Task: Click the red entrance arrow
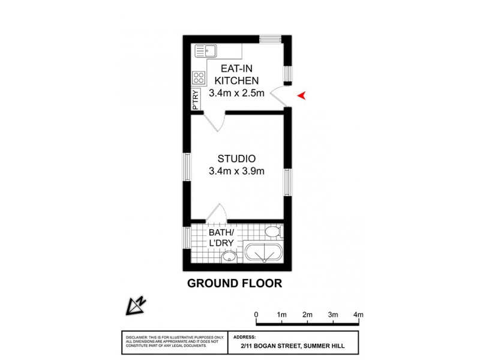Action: tap(302, 95)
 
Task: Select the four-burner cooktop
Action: tap(199, 77)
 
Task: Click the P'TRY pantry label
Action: tap(196, 99)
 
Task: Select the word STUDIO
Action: tap(236, 159)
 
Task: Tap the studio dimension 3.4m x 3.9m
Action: tap(236, 171)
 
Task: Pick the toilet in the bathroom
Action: tap(274, 232)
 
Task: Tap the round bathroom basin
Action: tap(228, 257)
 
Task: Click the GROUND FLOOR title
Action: tap(234, 283)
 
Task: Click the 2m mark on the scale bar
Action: tap(307, 314)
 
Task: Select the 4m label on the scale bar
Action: tap(359, 314)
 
